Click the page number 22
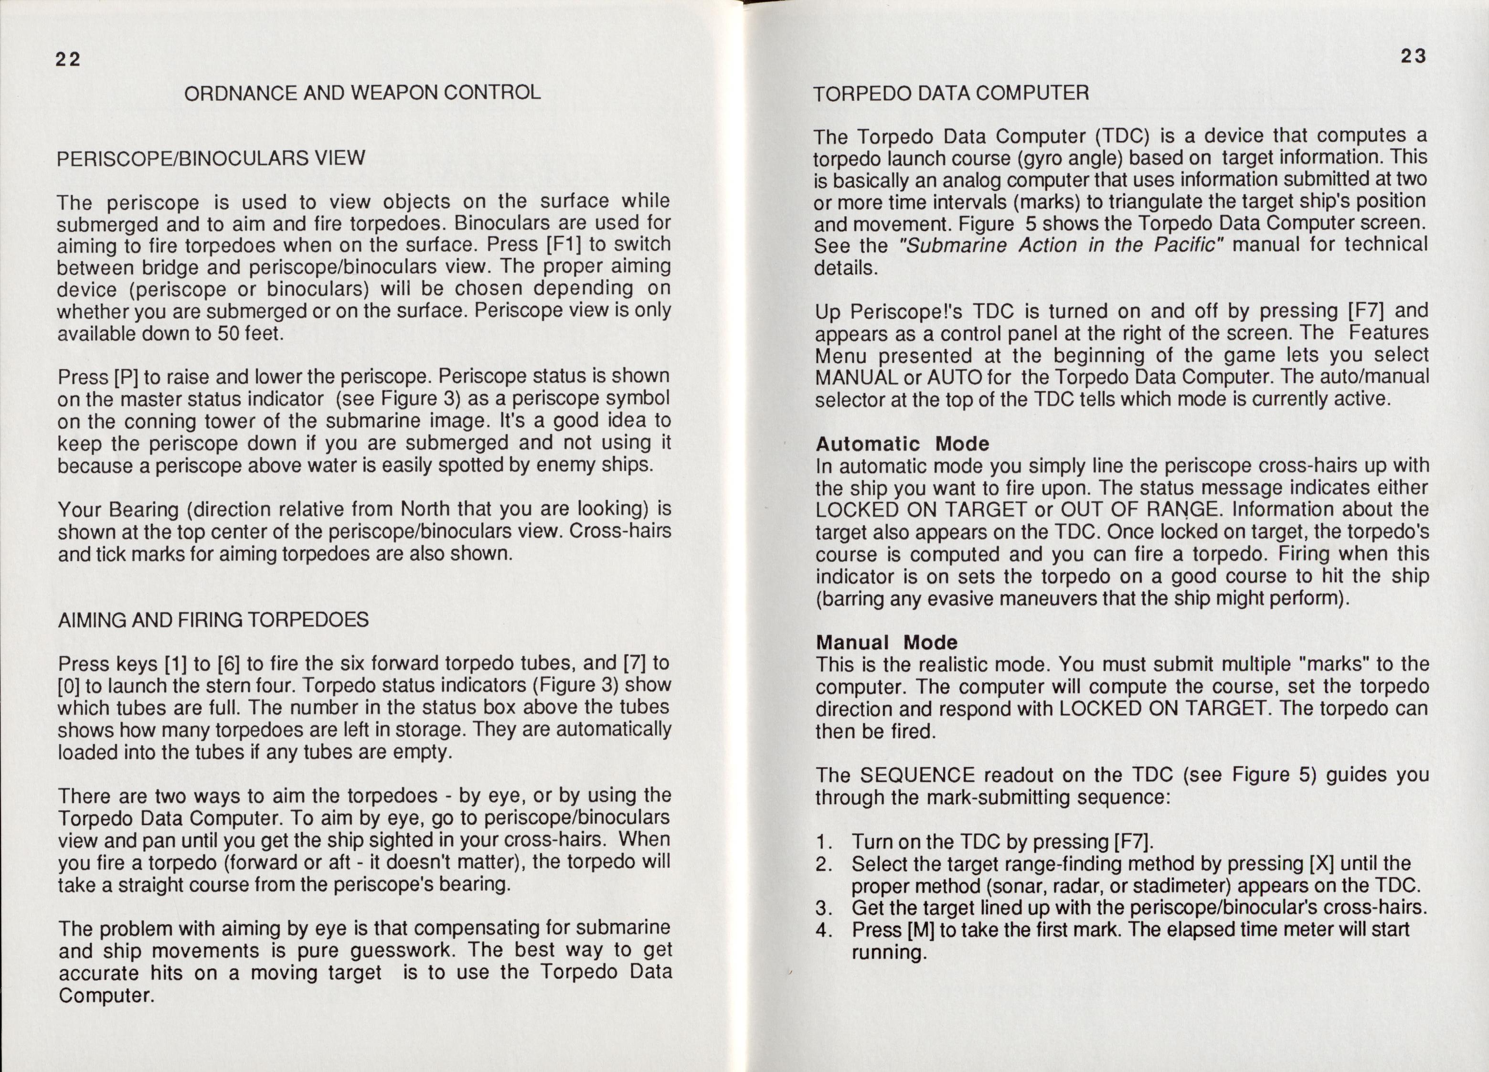click(x=68, y=60)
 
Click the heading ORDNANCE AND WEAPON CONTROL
click(x=362, y=93)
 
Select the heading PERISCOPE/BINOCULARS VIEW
click(x=211, y=158)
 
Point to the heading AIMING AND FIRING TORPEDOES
click(x=213, y=620)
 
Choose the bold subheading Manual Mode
click(x=886, y=642)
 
